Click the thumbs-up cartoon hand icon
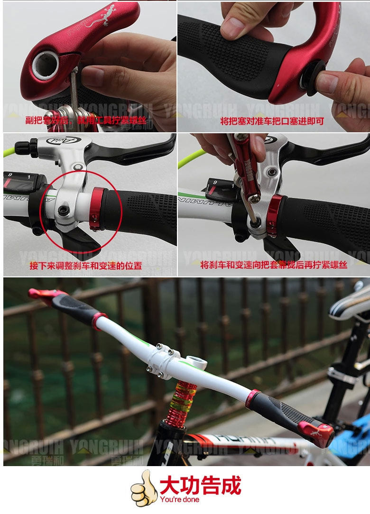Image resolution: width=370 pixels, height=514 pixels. pyautogui.click(x=144, y=488)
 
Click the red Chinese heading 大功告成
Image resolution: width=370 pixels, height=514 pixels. pyautogui.click(x=200, y=485)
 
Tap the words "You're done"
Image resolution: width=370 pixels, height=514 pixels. pyautogui.click(x=180, y=499)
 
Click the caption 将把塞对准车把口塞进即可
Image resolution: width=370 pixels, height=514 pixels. pyautogui.click(x=272, y=121)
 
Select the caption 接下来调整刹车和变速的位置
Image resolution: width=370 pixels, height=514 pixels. pyautogui.click(x=86, y=266)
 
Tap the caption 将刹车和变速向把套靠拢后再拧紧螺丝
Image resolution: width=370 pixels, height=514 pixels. pyautogui.click(x=274, y=265)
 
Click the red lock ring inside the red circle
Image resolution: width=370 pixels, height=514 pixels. pyautogui.click(x=98, y=208)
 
